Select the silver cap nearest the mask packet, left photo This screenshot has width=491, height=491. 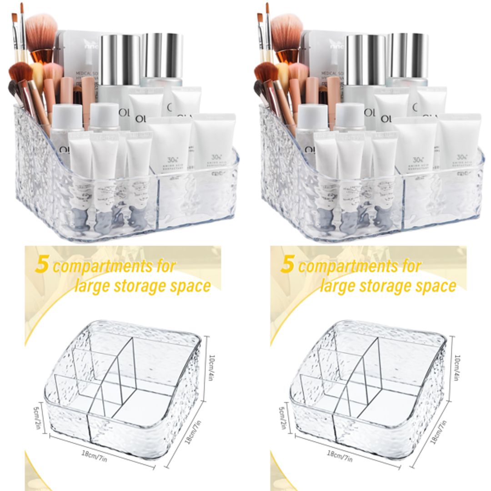[x=120, y=59]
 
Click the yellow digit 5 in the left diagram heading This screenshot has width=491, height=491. [x=41, y=266]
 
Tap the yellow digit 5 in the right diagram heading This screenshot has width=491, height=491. [x=287, y=266]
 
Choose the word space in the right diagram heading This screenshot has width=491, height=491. [x=436, y=286]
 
